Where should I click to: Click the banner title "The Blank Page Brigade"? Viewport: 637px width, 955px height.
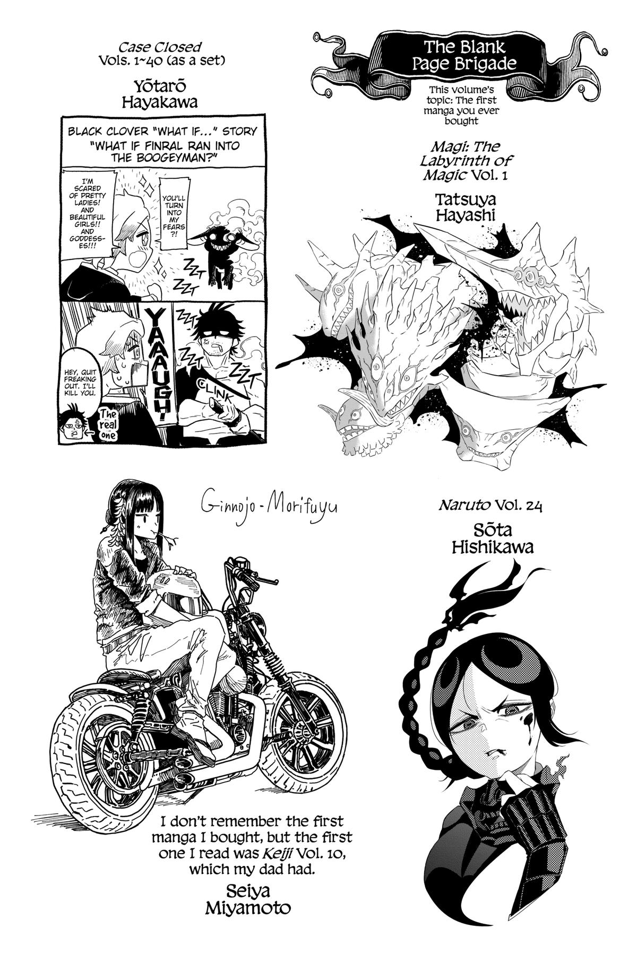pos(447,56)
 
